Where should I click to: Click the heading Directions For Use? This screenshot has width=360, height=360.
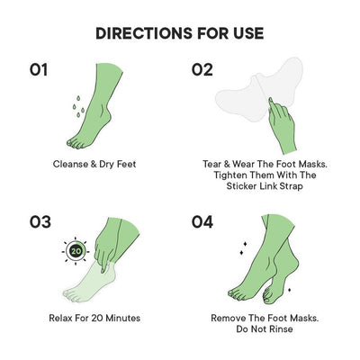[179, 33]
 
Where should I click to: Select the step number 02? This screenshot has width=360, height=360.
[202, 69]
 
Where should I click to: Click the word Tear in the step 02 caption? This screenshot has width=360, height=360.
[212, 165]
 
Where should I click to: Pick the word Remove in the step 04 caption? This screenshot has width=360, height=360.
[229, 318]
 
